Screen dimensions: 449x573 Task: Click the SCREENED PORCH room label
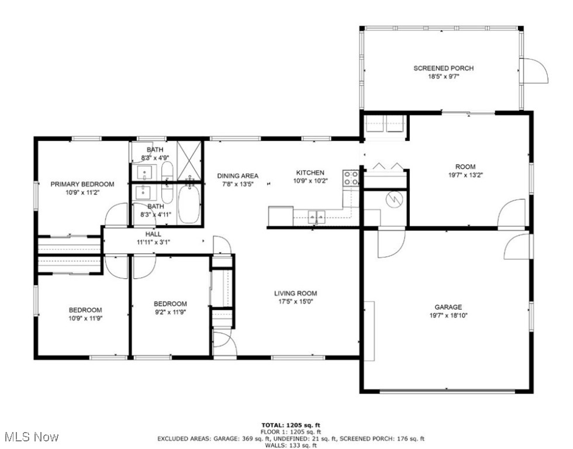point(443,68)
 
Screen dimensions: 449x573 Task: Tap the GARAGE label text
point(448,307)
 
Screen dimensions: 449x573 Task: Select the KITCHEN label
point(310,172)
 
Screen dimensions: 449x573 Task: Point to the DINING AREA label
point(237,175)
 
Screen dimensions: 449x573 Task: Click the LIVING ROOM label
point(295,293)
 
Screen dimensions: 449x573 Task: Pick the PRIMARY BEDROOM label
point(82,184)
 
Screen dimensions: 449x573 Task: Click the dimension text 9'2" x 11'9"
point(170,312)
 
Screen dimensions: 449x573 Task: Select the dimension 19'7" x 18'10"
point(448,315)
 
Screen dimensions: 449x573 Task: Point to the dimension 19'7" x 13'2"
point(465,174)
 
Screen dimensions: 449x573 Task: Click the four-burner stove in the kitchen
point(351,178)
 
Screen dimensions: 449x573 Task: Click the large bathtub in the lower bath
point(189,204)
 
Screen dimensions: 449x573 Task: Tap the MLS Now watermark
point(30,437)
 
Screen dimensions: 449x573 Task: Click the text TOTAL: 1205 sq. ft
point(291,425)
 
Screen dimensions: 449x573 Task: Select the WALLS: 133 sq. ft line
point(291,445)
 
